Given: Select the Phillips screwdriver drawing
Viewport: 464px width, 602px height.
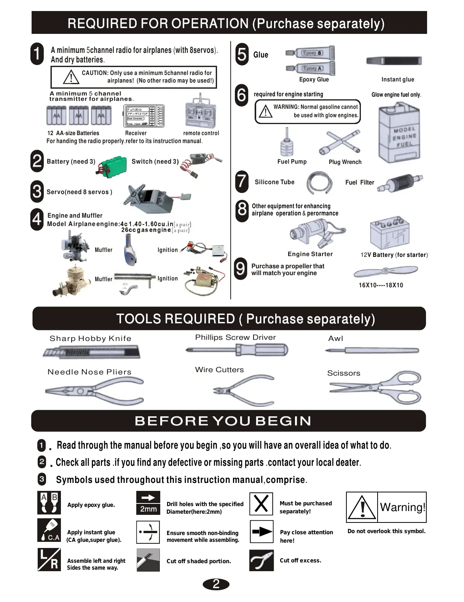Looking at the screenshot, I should point(237,350).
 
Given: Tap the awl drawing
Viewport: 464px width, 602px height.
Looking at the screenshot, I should point(372,350).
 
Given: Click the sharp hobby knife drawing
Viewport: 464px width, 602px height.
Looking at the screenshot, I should point(92,352).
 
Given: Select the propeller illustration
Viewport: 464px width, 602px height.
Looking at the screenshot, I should point(386,272).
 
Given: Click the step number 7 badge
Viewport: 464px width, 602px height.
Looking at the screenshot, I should point(242,181).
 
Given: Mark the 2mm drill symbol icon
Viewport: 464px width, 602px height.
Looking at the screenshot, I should point(148,503).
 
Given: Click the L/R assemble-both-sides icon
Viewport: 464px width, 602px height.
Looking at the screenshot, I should point(49,559).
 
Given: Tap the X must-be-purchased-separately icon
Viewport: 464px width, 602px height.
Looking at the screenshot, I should point(261,504).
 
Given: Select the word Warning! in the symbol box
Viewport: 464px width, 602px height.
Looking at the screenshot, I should point(402,507).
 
